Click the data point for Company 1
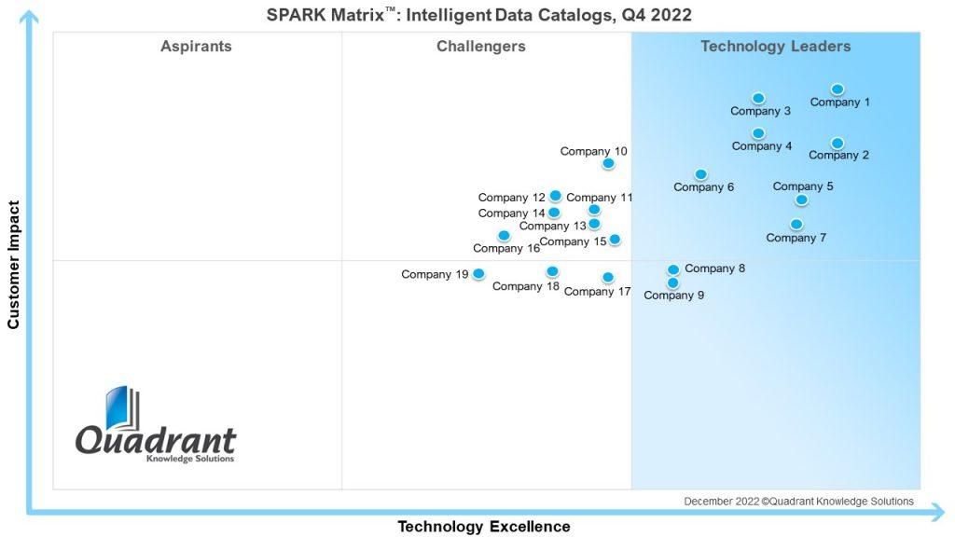click(x=837, y=89)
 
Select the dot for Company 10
click(x=608, y=163)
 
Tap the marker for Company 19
click(x=478, y=274)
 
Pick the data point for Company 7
click(x=796, y=225)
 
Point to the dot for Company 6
click(x=701, y=174)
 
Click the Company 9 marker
click(x=673, y=283)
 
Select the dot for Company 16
click(x=504, y=236)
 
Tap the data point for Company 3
click(x=758, y=98)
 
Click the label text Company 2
click(x=838, y=156)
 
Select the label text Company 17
click(x=597, y=292)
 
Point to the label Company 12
click(x=512, y=198)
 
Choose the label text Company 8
click(x=714, y=268)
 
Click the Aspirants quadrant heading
click(x=196, y=47)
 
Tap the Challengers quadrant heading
click(x=481, y=47)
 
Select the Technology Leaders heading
click(x=775, y=47)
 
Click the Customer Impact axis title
click(x=13, y=265)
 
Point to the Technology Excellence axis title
click(x=484, y=526)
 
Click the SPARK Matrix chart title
click(x=478, y=15)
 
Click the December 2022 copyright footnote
click(x=798, y=501)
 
